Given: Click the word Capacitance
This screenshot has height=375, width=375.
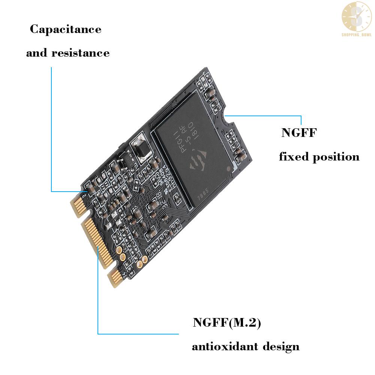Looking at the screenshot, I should tap(66, 29).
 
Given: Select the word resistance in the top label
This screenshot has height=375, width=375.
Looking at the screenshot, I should tap(80, 53).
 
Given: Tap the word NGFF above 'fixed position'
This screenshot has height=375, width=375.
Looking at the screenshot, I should tap(299, 133).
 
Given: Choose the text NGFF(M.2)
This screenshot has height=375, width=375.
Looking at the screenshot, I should tap(226, 322).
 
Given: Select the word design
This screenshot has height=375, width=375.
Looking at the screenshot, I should tap(281, 346).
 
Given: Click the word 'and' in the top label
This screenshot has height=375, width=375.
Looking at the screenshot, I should tap(37, 53).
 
